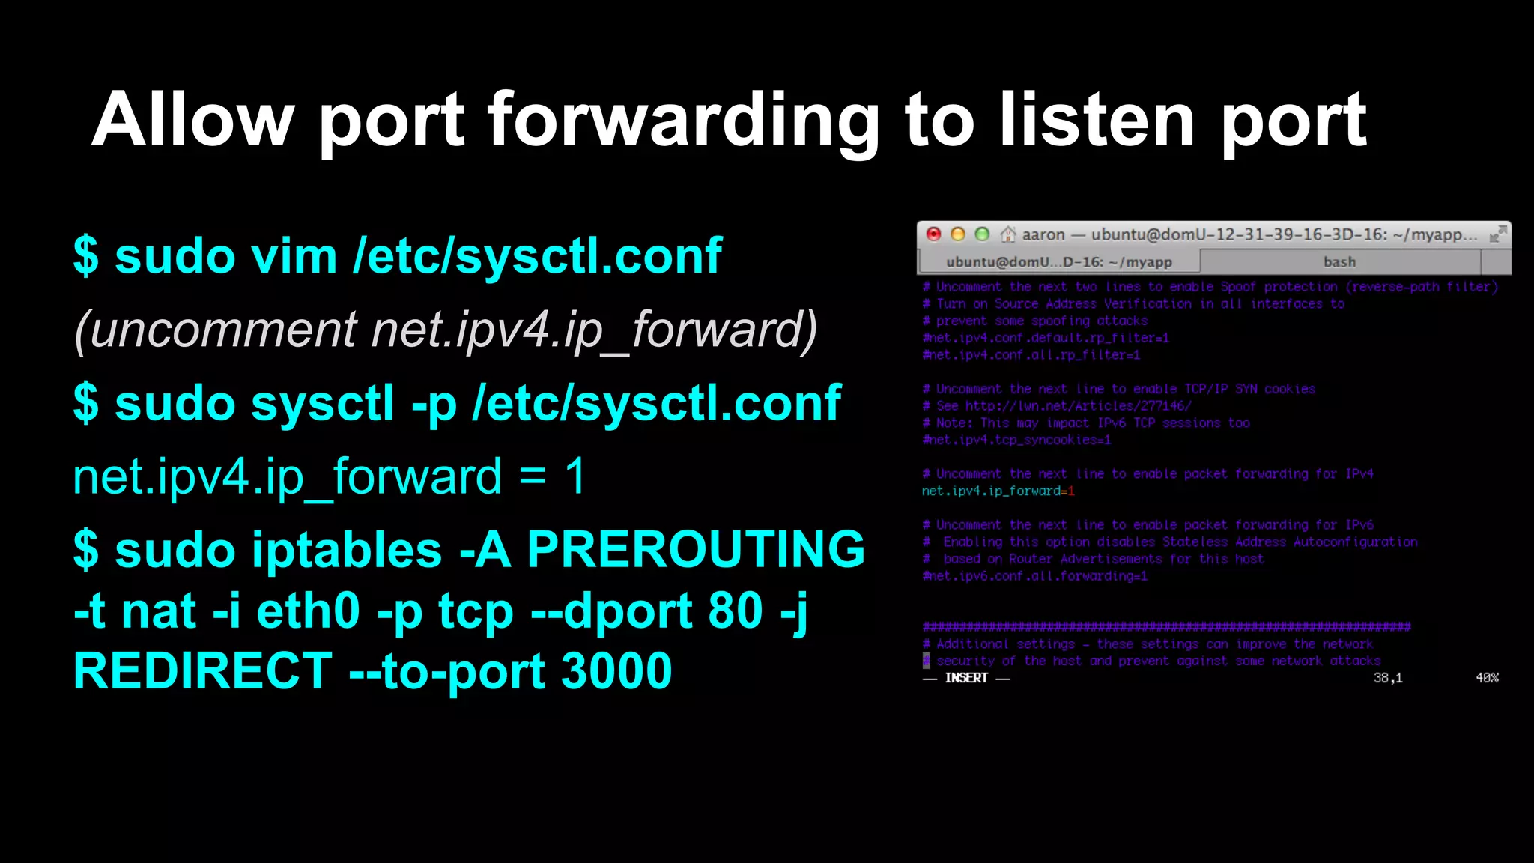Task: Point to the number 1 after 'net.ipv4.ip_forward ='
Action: point(575,476)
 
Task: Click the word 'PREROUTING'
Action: point(696,549)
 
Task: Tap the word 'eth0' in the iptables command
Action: point(308,611)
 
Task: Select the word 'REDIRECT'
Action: point(203,670)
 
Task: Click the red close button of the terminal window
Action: point(933,234)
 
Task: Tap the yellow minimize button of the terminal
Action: point(957,234)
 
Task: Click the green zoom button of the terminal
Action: point(982,234)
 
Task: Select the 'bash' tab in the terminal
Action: point(1339,262)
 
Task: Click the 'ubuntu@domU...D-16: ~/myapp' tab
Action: point(1058,262)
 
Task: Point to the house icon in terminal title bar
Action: point(1008,234)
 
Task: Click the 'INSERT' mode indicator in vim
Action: point(966,678)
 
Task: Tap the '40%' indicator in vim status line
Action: point(1487,678)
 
